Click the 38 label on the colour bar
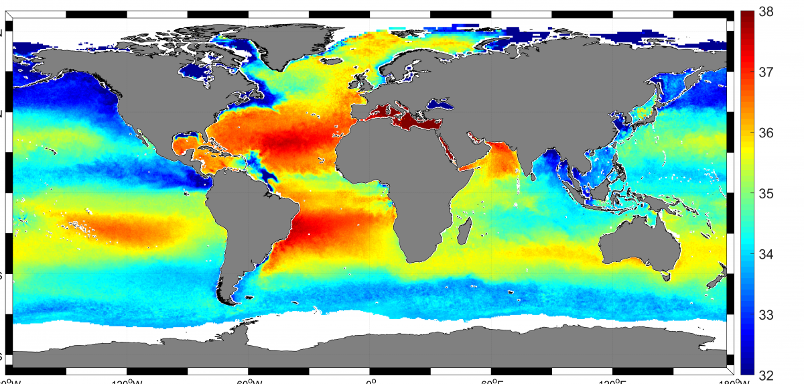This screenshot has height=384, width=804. tap(768, 11)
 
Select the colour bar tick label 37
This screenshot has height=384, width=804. tap(768, 72)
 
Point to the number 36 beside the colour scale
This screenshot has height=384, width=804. tap(768, 133)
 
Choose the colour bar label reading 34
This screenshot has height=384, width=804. tap(768, 254)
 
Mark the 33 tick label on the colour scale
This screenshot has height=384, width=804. tap(768, 314)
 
